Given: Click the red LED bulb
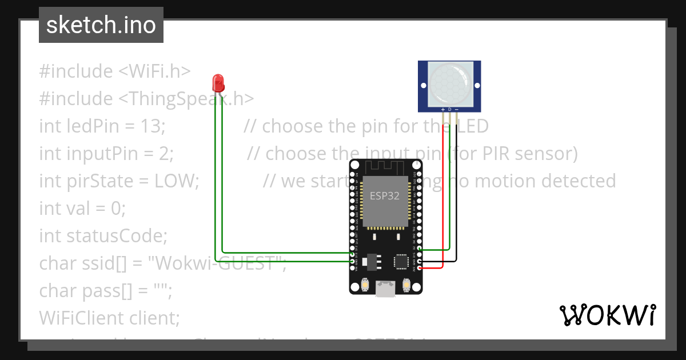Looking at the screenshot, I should click(217, 83).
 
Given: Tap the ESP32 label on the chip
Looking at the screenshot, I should click(385, 195).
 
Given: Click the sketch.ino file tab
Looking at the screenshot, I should click(101, 25).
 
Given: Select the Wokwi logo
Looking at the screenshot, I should click(607, 315).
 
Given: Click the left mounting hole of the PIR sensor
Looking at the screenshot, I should click(424, 86).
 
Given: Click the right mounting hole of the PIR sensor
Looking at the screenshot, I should click(476, 86).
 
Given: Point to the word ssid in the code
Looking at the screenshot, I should click(101, 263).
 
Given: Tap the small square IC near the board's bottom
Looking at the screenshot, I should click(401, 262).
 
